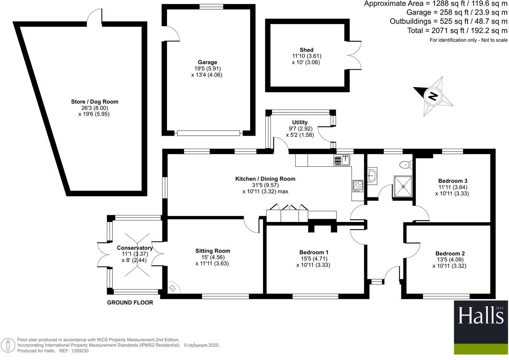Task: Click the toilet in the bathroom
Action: (x=406, y=165)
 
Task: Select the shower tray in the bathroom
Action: (x=403, y=187)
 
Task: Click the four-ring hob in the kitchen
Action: (x=358, y=185)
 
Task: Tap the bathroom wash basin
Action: (x=372, y=176)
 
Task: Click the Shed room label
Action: (x=306, y=50)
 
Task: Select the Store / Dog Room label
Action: (x=95, y=102)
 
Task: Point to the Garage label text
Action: (x=207, y=62)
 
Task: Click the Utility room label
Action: (x=300, y=122)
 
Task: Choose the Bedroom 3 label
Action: (x=452, y=181)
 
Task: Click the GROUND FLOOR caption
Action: (x=130, y=303)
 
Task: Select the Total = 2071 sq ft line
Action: (x=457, y=31)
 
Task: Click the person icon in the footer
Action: (x=8, y=346)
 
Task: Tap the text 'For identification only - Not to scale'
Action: (x=468, y=40)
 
